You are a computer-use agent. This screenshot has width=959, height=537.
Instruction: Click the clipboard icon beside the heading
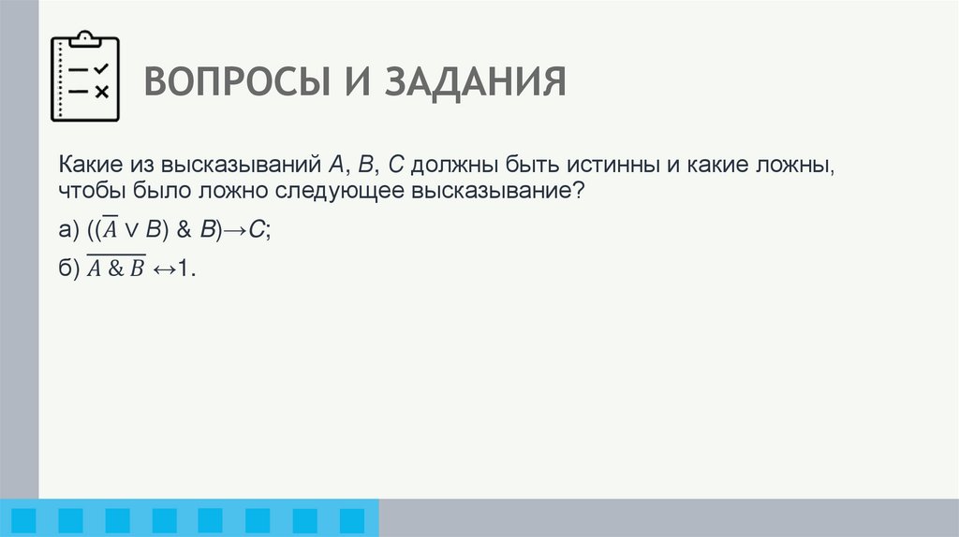(85, 78)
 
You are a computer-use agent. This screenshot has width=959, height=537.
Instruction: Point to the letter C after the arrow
(256, 230)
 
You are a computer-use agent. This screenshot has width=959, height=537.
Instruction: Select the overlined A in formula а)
(111, 229)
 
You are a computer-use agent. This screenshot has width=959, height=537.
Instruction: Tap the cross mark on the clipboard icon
(101, 91)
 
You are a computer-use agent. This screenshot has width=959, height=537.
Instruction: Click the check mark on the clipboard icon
(101, 69)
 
